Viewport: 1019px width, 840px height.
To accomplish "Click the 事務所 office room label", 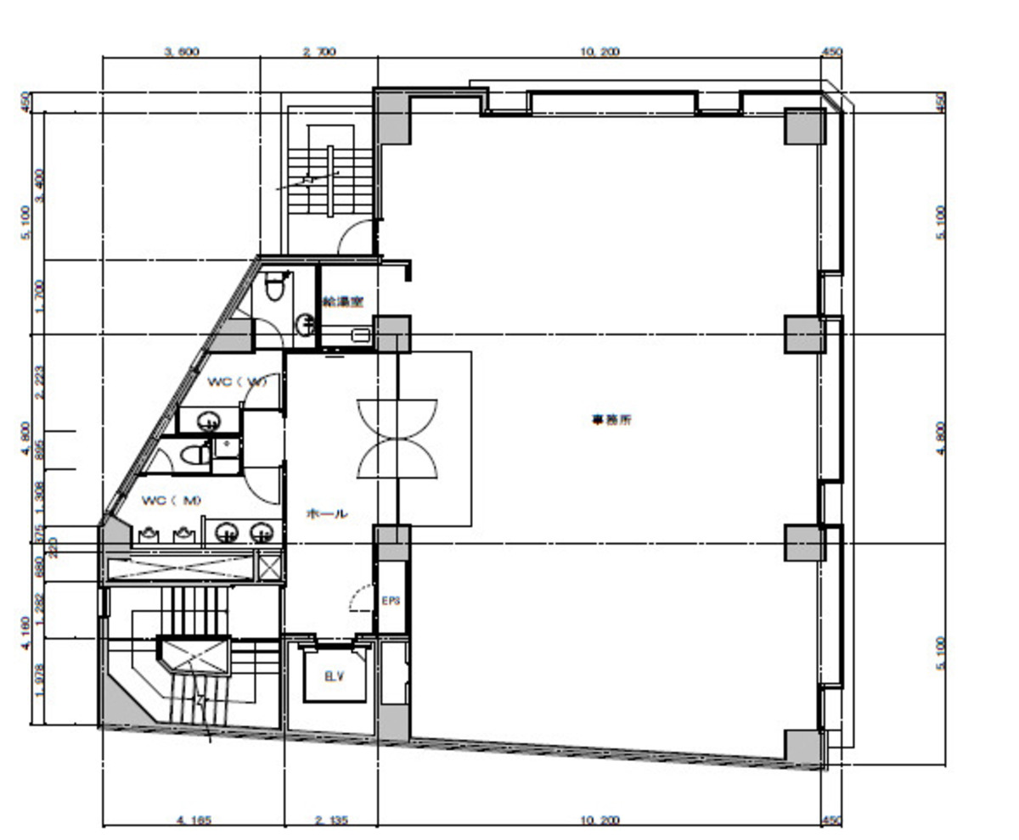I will (x=611, y=419).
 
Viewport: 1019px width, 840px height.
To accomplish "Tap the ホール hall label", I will (x=327, y=513).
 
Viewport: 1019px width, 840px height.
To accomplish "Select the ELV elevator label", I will (x=334, y=677).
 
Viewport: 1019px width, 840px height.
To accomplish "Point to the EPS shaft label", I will (x=391, y=601).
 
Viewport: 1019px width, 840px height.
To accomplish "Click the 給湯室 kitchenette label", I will (x=344, y=301).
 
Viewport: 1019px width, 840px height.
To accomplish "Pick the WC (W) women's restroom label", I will (x=237, y=382).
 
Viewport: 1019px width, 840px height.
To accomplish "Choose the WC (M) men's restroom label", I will (x=172, y=501).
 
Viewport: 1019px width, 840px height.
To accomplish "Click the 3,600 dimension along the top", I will (x=181, y=52).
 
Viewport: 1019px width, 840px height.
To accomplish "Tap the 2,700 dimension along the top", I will (x=319, y=52).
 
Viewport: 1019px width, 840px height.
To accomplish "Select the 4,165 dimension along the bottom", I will (x=194, y=820).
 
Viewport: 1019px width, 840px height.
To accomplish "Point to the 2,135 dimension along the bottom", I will (x=332, y=820).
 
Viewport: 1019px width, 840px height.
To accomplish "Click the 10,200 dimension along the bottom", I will (x=600, y=820).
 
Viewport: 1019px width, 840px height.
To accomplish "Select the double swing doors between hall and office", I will (x=397, y=438).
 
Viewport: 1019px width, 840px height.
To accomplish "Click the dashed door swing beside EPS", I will (x=360, y=597).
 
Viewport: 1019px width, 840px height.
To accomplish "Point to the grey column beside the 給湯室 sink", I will (x=393, y=333).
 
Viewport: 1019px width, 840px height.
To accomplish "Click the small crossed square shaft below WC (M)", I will (x=270, y=566).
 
